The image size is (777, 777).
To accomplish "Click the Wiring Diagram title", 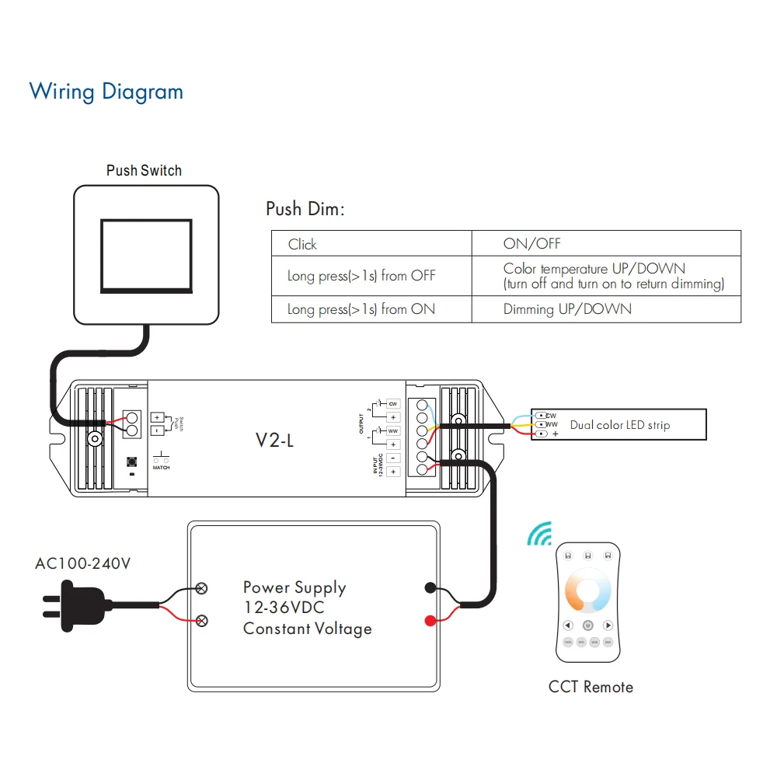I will click(106, 92).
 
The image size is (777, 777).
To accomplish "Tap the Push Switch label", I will click(144, 170).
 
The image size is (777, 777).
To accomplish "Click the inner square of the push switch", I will click(146, 255).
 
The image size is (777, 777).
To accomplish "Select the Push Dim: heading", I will click(305, 209).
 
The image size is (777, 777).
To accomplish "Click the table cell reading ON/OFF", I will click(531, 243).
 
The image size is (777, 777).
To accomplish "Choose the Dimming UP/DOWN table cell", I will click(567, 309).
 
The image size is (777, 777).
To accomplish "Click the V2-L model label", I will click(275, 441).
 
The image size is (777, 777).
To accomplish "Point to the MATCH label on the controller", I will click(161, 467).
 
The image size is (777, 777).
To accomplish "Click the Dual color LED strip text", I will click(619, 425).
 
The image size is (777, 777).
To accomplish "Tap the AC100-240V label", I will click(83, 563).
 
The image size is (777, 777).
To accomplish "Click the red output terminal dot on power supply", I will click(429, 620).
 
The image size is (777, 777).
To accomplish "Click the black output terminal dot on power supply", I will click(429, 588).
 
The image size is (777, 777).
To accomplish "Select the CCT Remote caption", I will click(591, 687).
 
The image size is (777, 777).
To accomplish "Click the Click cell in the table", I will click(302, 245).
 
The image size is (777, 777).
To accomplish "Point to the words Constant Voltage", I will click(307, 629).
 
